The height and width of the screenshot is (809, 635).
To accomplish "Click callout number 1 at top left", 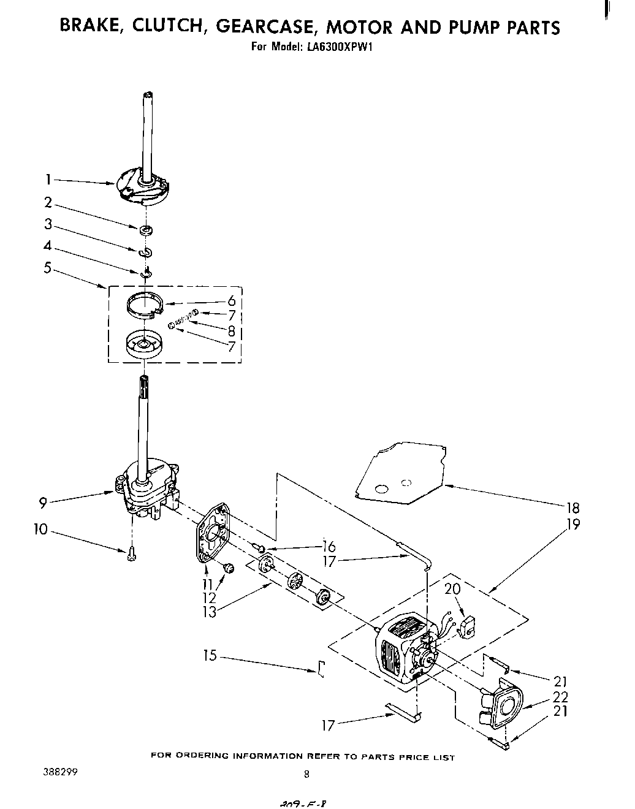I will [x=47, y=180].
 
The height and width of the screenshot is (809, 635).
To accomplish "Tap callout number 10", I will [x=40, y=528].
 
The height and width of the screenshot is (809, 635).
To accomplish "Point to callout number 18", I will [x=573, y=507].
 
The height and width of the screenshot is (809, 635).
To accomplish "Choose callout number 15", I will [x=210, y=655].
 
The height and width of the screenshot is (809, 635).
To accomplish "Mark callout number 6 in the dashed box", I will [x=231, y=302].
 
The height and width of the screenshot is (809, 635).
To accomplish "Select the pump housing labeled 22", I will [x=504, y=706].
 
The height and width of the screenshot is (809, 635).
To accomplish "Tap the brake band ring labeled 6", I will [x=146, y=303].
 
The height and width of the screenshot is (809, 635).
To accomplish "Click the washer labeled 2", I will [x=146, y=230].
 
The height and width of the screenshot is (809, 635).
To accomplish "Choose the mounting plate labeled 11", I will [x=211, y=533].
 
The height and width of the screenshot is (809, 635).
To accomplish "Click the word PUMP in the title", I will [x=472, y=27].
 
